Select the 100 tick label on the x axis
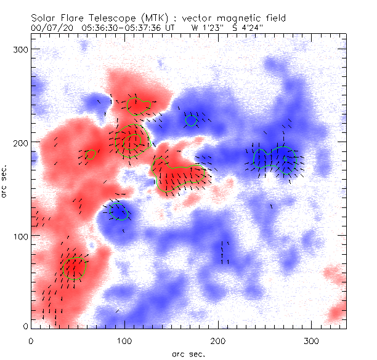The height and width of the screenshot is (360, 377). (124, 340)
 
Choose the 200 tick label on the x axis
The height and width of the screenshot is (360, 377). (219, 340)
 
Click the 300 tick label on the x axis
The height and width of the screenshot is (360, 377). (312, 340)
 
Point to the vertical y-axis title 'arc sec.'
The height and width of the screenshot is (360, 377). (6, 182)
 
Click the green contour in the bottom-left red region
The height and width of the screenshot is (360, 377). (74, 268)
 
